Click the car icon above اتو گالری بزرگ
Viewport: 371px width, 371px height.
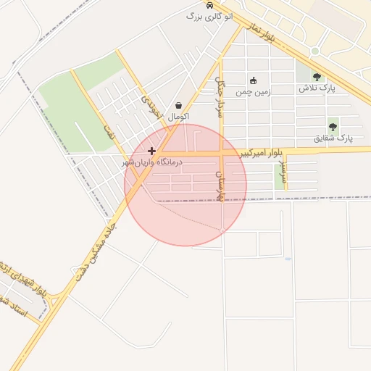pyautogui.click(x=210, y=5)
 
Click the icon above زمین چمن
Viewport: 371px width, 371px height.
pyautogui.click(x=253, y=80)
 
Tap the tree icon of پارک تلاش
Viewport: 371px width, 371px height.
pyautogui.click(x=316, y=76)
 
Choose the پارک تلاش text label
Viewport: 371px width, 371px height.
pyautogui.click(x=316, y=88)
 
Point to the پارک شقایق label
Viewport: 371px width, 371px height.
pyautogui.click(x=333, y=138)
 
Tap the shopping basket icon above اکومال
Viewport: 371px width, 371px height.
pyautogui.click(x=178, y=105)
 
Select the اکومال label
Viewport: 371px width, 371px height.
pyautogui.click(x=178, y=116)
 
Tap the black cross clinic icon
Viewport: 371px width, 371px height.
pyautogui.click(x=151, y=151)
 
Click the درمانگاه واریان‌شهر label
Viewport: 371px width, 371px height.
pyautogui.click(x=153, y=163)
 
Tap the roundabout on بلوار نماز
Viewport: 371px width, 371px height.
pyautogui.click(x=315, y=51)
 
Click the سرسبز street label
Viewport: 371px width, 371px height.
pyautogui.click(x=285, y=174)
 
